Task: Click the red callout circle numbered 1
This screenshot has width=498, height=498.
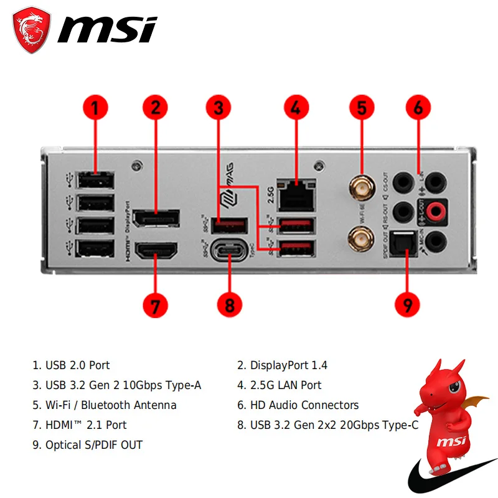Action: coord(95,106)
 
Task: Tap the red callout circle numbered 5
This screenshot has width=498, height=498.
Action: coord(362,106)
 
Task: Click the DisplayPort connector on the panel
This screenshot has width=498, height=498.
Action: coord(156,219)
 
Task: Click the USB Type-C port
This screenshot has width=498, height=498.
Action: coord(230,251)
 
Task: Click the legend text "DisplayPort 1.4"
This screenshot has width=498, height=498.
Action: coord(289,365)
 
